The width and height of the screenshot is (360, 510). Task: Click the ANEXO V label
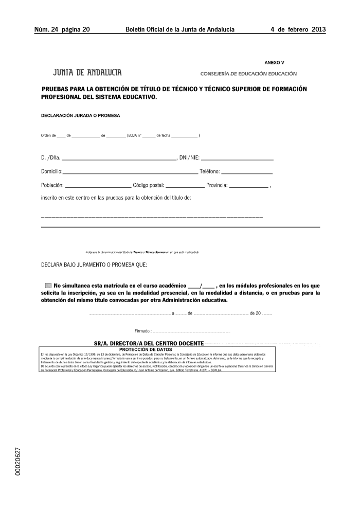(x=274, y=62)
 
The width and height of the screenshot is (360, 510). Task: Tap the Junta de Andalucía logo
(x=87, y=73)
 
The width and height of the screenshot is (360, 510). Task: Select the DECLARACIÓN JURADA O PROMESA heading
(x=80, y=115)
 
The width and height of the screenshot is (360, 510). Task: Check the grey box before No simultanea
(x=48, y=285)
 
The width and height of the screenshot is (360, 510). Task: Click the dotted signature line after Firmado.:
(x=191, y=331)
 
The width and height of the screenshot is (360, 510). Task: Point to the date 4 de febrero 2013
(x=298, y=29)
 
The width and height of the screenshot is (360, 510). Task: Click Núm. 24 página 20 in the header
(x=62, y=29)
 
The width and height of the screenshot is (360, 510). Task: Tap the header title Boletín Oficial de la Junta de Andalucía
(x=180, y=29)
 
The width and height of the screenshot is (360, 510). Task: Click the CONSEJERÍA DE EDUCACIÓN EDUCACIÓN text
(x=248, y=74)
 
